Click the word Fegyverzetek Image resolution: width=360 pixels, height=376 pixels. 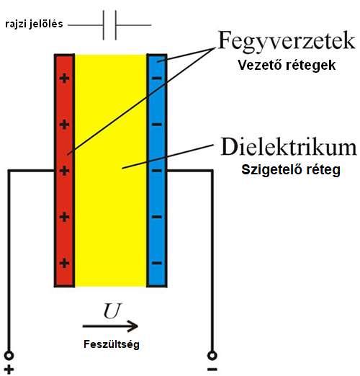pyautogui.click(x=287, y=41)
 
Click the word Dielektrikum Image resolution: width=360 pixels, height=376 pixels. pyautogui.click(x=289, y=146)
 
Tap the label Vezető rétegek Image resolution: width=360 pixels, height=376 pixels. pyautogui.click(x=287, y=66)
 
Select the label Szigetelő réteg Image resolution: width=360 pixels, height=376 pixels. pyautogui.click(x=291, y=170)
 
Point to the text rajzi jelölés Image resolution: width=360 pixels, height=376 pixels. pyautogui.click(x=34, y=24)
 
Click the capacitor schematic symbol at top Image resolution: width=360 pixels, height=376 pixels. pyautogui.click(x=109, y=25)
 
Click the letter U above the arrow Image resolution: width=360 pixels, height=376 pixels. pyautogui.click(x=112, y=311)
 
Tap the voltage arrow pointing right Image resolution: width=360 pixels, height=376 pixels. pyautogui.click(x=110, y=326)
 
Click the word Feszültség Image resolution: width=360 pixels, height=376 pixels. pyautogui.click(x=112, y=344)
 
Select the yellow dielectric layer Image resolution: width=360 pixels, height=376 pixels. pyautogui.click(x=111, y=171)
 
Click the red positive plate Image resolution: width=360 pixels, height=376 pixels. pyautogui.click(x=64, y=171)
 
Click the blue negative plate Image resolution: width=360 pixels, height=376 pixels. pyautogui.click(x=157, y=171)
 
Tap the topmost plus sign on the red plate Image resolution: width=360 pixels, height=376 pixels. pyautogui.click(x=64, y=79)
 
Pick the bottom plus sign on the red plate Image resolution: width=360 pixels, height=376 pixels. pyautogui.click(x=64, y=263)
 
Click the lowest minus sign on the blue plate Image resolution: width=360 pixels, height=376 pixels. pyautogui.click(x=157, y=263)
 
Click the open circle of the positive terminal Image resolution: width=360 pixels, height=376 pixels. pyautogui.click(x=9, y=355)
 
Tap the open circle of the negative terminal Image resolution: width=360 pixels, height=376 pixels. pyautogui.click(x=212, y=355)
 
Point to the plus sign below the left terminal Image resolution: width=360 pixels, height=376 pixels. pyautogui.click(x=9, y=370)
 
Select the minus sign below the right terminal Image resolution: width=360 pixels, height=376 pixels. pyautogui.click(x=212, y=370)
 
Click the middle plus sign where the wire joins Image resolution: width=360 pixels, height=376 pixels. pyautogui.click(x=64, y=171)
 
